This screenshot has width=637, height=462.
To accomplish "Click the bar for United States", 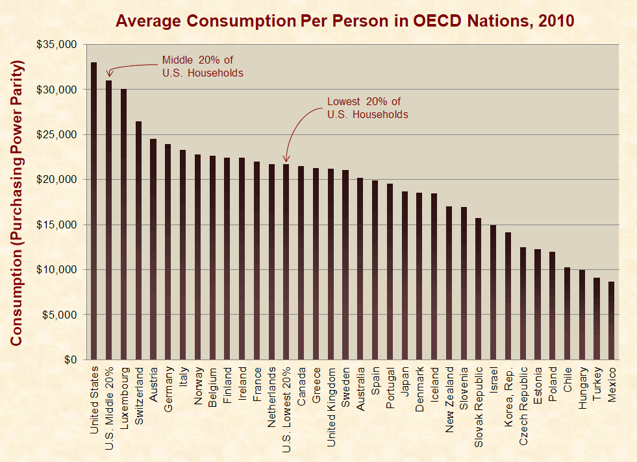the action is (x=94, y=211).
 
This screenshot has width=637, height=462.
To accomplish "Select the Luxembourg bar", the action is (x=123, y=225).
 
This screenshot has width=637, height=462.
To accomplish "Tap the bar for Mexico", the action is (x=612, y=321).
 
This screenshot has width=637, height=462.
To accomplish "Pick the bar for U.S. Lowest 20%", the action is (x=286, y=262).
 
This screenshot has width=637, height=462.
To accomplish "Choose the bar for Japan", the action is (x=405, y=276).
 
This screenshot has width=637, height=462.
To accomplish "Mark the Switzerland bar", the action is (x=138, y=240).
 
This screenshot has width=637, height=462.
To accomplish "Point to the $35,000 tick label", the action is (x=56, y=44).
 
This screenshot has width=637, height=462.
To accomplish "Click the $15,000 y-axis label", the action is (x=56, y=225).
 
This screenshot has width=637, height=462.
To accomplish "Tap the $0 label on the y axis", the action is (x=70, y=359).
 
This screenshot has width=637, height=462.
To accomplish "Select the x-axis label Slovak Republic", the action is (x=479, y=407).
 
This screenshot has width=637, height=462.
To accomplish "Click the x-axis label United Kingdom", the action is (x=331, y=407).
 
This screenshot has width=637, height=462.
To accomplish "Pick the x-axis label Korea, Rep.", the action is (x=508, y=397).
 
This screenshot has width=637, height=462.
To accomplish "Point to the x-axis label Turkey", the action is (x=597, y=383).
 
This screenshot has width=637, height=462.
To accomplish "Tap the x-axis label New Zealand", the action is (x=449, y=400).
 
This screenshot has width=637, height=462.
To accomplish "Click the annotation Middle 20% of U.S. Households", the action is (x=203, y=67).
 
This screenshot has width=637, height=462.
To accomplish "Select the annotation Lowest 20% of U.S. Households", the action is (x=368, y=108).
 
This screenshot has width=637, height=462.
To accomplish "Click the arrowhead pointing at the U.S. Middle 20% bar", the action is (x=109, y=74).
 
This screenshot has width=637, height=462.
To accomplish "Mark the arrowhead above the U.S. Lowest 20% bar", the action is (x=286, y=159).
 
